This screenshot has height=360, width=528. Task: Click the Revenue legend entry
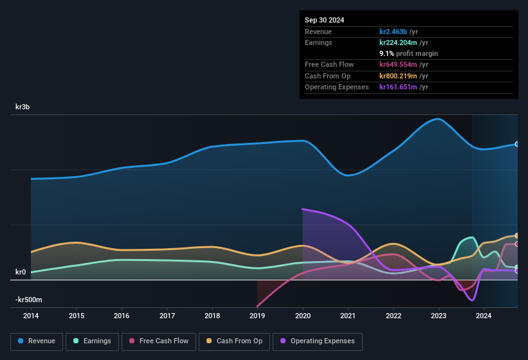(37, 341)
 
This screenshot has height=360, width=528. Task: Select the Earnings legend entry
(92, 341)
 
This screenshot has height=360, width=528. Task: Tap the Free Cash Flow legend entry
(159, 341)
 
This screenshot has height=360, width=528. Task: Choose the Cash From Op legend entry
(235, 341)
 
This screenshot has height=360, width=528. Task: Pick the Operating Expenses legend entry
(317, 341)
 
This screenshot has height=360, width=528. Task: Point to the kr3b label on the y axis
(23, 107)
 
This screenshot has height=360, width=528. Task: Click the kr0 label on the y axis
(21, 272)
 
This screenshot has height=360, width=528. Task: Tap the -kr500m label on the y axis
(28, 300)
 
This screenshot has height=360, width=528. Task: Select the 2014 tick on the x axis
(31, 316)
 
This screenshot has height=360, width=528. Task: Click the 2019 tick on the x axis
(257, 316)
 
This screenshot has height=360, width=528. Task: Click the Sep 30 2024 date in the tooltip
(325, 20)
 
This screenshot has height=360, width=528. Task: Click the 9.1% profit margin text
(408, 53)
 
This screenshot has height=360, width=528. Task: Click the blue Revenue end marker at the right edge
(517, 144)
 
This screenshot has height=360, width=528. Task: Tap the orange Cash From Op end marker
(517, 236)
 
